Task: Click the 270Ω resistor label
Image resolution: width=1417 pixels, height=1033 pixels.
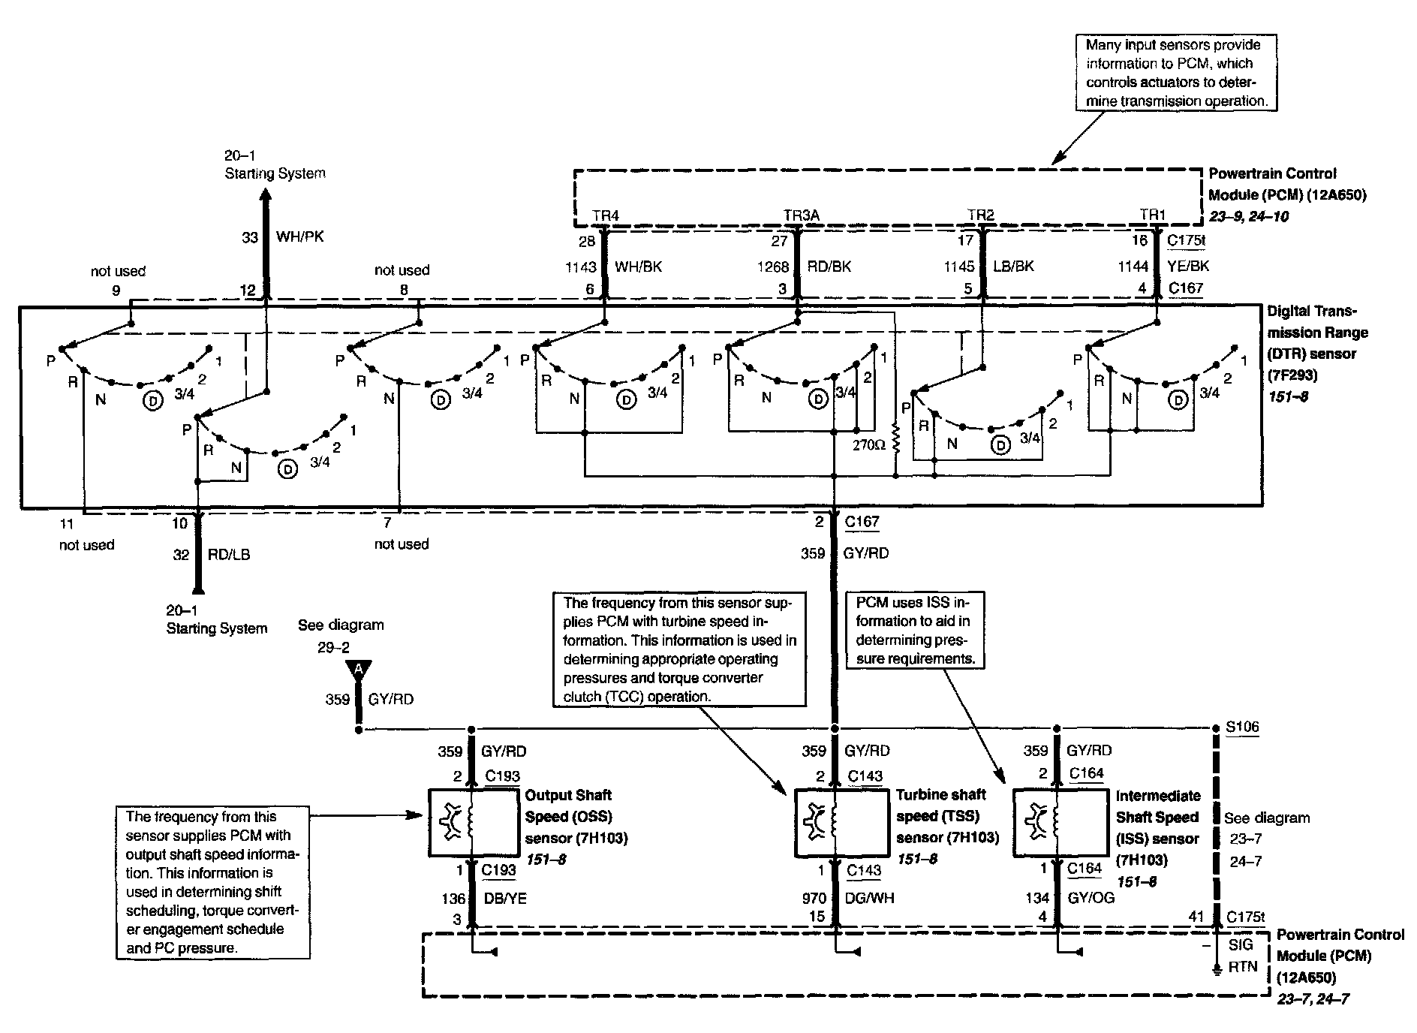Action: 870,445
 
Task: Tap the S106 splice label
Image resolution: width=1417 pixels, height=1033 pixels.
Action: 1242,727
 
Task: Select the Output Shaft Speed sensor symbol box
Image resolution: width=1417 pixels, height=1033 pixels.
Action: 473,822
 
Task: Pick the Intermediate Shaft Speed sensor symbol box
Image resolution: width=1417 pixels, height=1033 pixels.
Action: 1059,822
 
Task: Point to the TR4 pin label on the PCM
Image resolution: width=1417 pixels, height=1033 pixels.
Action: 605,216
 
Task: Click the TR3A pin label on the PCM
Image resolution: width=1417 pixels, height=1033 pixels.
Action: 801,216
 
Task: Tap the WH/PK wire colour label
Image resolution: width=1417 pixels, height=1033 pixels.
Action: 300,237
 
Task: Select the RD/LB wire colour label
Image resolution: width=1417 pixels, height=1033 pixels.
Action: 228,555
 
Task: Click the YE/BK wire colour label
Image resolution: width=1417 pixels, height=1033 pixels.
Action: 1189,266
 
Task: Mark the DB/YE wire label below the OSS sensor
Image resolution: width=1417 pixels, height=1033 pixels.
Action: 505,898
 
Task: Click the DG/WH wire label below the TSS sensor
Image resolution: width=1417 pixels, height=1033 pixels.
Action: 869,898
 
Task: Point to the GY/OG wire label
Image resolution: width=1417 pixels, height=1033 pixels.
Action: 1091,898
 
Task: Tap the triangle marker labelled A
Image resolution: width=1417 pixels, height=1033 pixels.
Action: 359,669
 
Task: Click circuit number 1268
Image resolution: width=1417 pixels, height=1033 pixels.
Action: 773,267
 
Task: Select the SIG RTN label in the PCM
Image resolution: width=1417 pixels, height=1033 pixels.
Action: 1242,956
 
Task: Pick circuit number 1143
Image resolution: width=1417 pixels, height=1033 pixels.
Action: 581,267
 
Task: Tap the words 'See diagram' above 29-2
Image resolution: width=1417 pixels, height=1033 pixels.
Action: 341,625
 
